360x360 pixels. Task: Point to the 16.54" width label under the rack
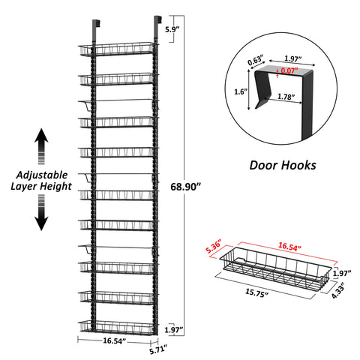(x=114, y=340)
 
